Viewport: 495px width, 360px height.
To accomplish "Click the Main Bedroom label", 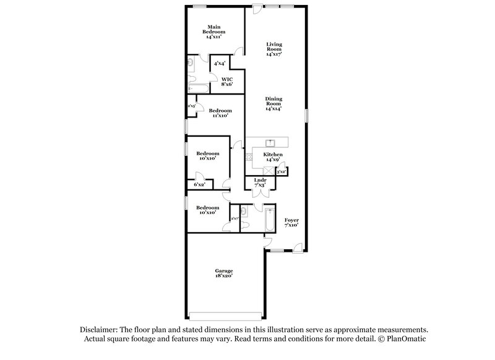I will tap(215, 32).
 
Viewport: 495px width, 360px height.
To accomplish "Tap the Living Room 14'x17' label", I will tap(273, 49).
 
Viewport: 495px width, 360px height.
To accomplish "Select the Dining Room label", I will tap(273, 103).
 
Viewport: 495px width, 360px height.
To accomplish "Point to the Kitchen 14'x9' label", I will tap(273, 156).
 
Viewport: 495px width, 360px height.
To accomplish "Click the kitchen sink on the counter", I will tap(270, 142).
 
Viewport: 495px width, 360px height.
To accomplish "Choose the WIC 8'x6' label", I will tap(227, 82).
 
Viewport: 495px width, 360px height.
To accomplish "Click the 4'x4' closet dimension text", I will tap(219, 64).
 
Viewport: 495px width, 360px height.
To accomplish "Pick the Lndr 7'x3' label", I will tap(260, 182).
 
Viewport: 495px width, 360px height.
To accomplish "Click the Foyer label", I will tap(291, 223).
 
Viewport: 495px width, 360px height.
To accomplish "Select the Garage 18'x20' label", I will tap(224, 273).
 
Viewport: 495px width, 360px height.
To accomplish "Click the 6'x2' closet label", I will tap(199, 184).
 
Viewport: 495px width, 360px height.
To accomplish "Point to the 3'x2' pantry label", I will tap(282, 171).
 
